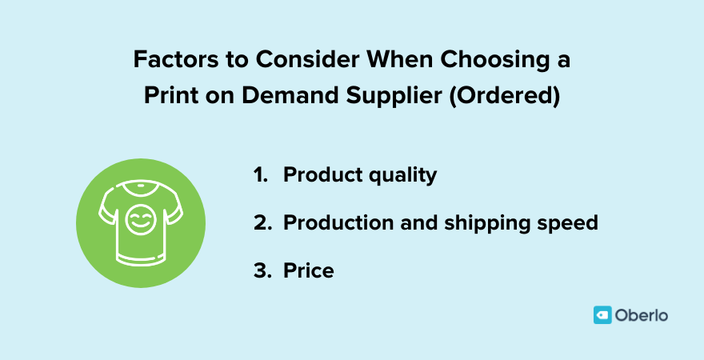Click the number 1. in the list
point(262,175)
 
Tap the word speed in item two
point(569,223)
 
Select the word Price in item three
point(308,270)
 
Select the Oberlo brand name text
point(642,315)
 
